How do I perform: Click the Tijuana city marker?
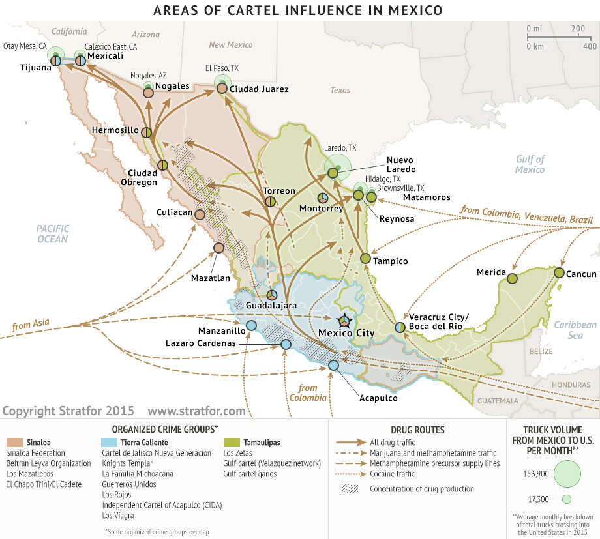[x=57, y=61]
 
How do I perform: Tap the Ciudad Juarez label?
[x=259, y=89]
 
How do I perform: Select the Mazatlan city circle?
[x=218, y=248]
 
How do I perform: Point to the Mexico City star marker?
[x=343, y=321]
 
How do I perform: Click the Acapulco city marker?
[x=333, y=366]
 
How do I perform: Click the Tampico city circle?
[x=366, y=258]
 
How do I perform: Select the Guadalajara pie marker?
[x=271, y=294]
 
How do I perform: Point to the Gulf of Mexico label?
[x=529, y=164]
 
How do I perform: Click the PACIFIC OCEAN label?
[x=52, y=233]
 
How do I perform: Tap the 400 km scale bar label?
[x=589, y=46]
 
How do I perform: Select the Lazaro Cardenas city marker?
[x=285, y=343]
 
